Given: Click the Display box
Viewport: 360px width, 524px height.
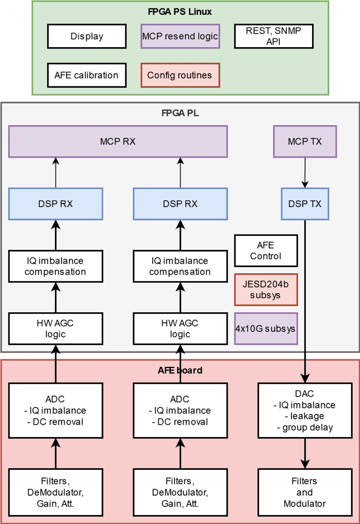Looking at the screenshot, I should pos(87,36).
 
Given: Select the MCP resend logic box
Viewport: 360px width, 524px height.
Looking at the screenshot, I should pos(180,36).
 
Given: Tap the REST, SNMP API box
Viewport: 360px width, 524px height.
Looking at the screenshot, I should pos(274,36).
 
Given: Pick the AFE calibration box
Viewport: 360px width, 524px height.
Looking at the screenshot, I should pos(86,75).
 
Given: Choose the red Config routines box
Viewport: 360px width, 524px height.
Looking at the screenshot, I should pos(180,75).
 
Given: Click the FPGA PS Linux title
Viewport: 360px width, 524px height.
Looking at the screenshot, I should pos(180,12).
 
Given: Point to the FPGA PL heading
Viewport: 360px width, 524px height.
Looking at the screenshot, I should pos(180,113).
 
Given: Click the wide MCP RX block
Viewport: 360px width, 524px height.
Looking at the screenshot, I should pos(118,141).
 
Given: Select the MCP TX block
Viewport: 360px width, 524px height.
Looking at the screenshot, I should pos(305,141).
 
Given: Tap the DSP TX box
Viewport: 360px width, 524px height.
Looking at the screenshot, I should pos(305,204).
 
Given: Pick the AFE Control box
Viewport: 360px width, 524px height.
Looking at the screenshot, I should pos(266,251).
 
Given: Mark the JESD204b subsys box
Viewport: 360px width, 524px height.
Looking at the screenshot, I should pos(266,290).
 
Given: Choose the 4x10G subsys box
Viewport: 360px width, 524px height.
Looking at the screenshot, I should pos(266,328).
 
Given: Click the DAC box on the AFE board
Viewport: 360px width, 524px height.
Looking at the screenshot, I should pos(305,410).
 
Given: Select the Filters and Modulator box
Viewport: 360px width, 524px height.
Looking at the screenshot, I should pos(305,492).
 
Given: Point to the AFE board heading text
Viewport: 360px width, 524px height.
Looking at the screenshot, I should pos(180,371).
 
